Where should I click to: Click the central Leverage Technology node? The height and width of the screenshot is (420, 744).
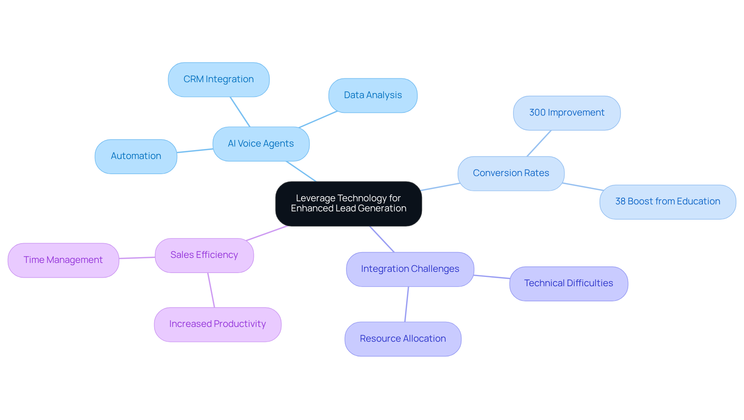(348, 204)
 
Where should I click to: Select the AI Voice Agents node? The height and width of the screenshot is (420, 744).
(261, 144)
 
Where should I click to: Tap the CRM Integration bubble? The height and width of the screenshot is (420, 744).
(219, 80)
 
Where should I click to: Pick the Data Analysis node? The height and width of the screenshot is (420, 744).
(373, 95)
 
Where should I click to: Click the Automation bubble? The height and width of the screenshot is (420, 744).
(136, 156)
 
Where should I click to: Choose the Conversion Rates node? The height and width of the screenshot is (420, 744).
(511, 173)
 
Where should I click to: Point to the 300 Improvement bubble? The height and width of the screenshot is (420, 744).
(567, 113)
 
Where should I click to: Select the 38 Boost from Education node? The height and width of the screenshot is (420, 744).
(667, 202)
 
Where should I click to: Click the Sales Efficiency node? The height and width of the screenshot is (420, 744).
(204, 255)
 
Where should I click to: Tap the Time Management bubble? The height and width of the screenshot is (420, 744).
(63, 260)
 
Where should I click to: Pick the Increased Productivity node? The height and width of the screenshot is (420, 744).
(217, 324)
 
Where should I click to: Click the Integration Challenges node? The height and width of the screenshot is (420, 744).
(410, 269)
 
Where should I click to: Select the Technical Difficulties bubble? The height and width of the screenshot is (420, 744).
(568, 283)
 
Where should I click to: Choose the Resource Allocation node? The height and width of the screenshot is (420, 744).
(403, 339)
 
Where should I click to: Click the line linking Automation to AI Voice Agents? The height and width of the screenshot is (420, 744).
(195, 150)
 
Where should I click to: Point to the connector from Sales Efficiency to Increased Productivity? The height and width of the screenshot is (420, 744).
(211, 290)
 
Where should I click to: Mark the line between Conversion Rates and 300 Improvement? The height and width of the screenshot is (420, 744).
(539, 143)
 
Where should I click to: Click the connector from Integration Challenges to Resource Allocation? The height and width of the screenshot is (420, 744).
(406, 304)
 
